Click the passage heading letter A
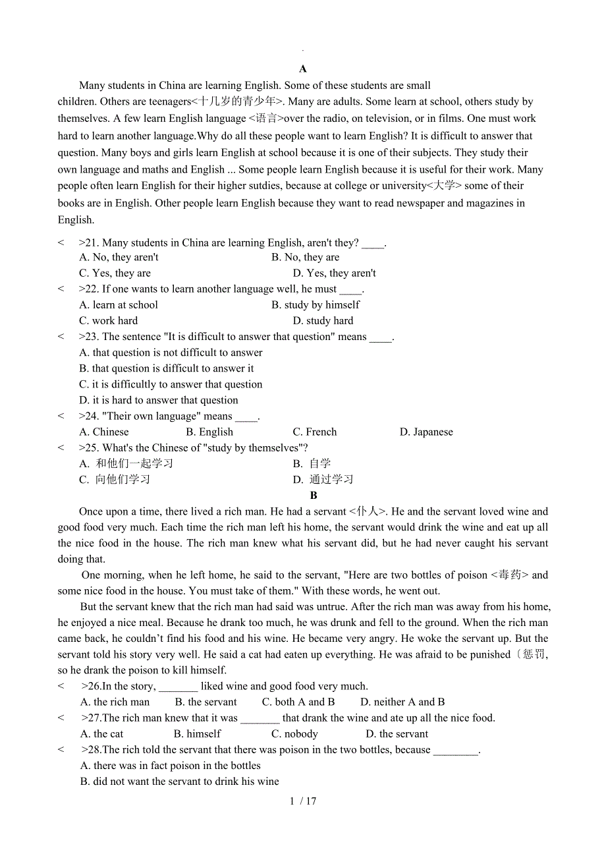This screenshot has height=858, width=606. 303,69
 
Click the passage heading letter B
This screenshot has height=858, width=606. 314,496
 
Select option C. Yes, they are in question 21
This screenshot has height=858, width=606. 115,273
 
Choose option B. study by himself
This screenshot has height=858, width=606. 316,305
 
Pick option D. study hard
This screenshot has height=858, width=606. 323,321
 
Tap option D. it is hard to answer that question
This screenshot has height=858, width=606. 158,400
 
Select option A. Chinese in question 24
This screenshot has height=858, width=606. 104,432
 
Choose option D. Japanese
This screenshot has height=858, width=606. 426,432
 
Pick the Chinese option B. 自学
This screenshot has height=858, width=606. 312,464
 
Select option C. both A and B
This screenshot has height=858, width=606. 298,702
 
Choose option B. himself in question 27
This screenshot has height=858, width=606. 198,734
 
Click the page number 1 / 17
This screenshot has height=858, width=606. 303,801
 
